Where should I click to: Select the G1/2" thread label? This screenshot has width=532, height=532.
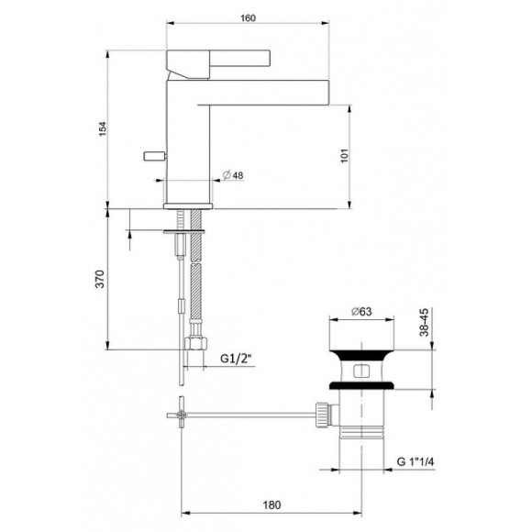[236, 360]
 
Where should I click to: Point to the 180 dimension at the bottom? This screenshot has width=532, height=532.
[268, 504]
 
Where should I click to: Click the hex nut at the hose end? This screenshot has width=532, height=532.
[195, 345]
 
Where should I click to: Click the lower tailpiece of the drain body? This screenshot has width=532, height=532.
[361, 436]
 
